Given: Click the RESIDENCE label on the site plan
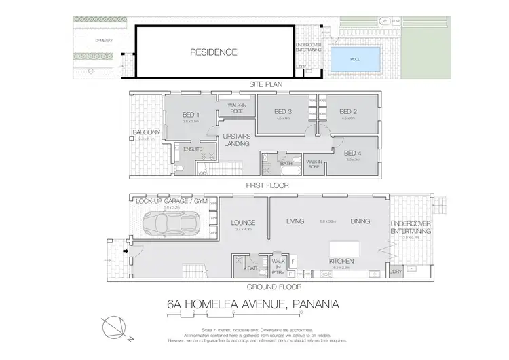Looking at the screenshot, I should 213,52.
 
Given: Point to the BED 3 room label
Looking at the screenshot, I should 283,111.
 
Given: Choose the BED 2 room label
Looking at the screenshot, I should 348,111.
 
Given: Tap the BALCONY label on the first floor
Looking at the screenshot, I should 146,132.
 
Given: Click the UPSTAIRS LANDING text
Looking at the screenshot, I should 238,140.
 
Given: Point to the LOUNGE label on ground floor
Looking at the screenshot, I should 242,221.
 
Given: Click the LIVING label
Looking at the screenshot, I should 295,221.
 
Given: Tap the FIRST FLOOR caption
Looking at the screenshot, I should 266,185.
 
